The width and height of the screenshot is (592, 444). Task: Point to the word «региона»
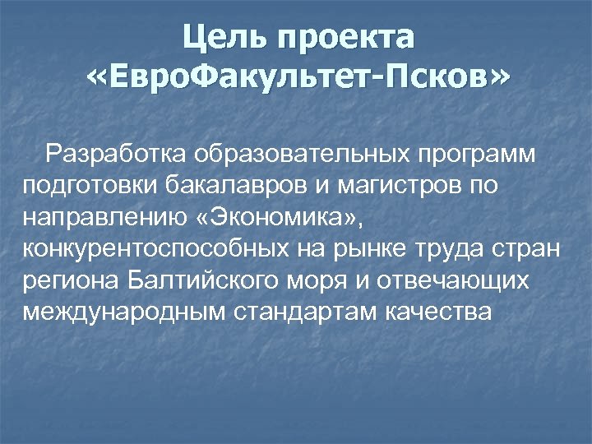(x=71, y=280)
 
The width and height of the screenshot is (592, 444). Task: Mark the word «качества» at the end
(x=433, y=311)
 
